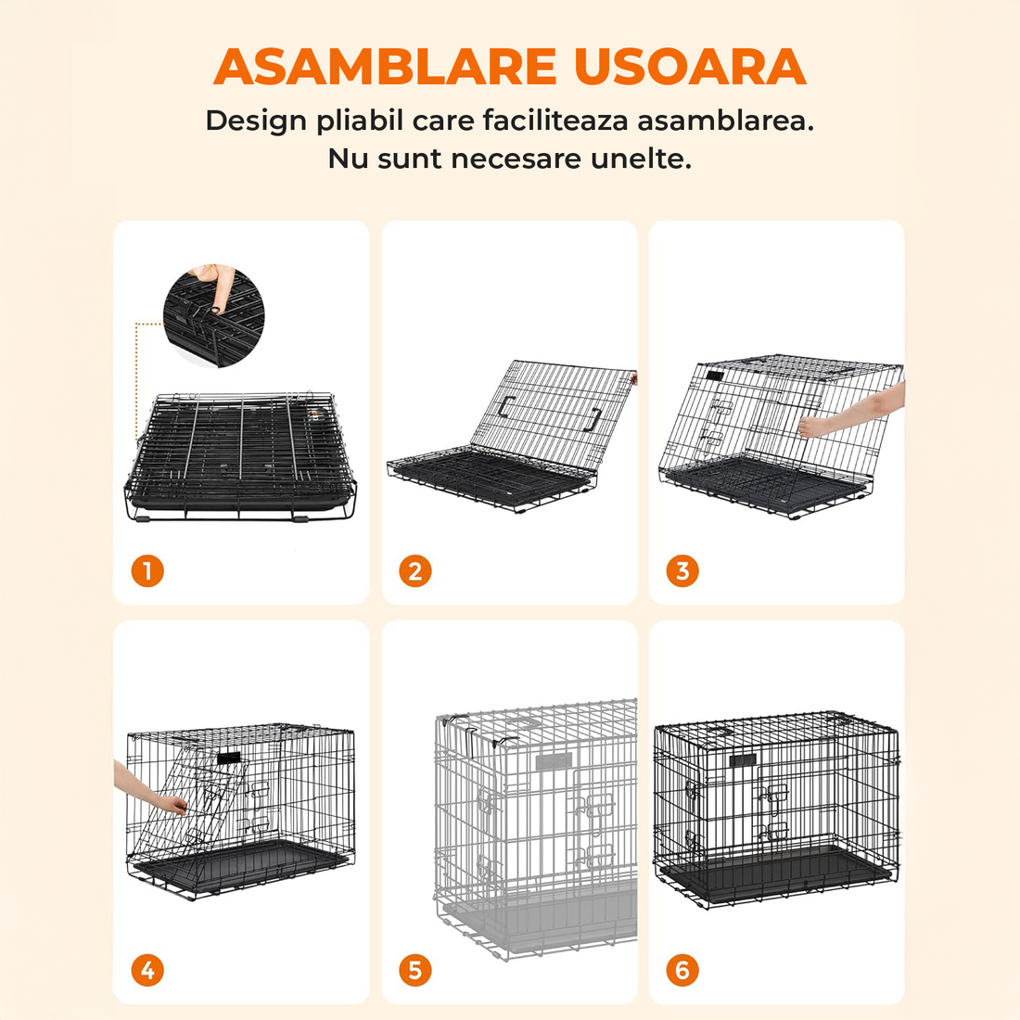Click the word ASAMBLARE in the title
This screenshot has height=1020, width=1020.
[x=385, y=67]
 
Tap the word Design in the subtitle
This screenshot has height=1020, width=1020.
[x=256, y=121]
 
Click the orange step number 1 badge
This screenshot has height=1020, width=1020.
[x=147, y=571]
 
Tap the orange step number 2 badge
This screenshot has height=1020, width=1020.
[x=415, y=571]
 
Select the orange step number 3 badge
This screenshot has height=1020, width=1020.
[x=682, y=571]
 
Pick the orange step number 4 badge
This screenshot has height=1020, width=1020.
[x=147, y=971]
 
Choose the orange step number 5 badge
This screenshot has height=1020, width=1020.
[x=415, y=971]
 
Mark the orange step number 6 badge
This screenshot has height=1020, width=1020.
[x=682, y=971]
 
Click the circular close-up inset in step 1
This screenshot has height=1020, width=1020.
[x=214, y=315]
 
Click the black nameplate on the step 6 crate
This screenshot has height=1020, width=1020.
[x=743, y=760]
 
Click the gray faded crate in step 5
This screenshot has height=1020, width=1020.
[x=538, y=825]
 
